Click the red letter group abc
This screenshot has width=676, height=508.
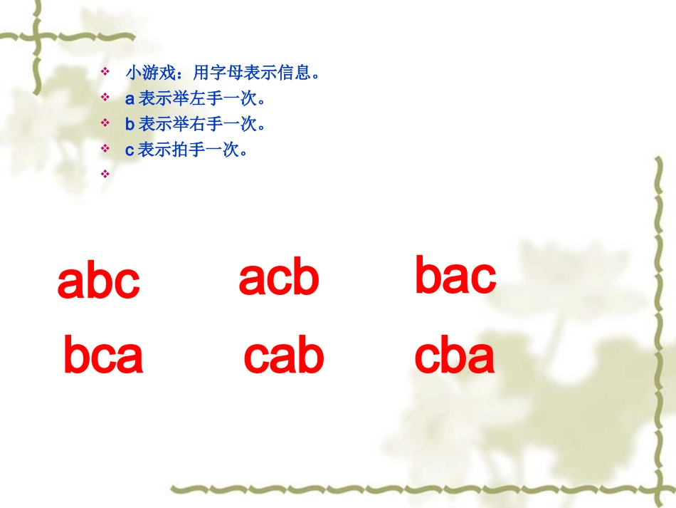(x=99, y=282)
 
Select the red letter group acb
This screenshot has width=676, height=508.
(x=279, y=278)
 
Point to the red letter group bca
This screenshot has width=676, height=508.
(x=103, y=356)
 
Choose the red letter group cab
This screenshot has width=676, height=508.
(x=284, y=356)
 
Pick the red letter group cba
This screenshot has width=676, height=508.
(x=455, y=356)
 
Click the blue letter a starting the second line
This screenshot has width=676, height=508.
(x=130, y=98)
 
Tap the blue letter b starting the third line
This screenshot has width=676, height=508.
(x=130, y=124)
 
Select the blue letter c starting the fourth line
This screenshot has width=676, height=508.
(x=130, y=150)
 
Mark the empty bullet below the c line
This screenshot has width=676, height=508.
(x=105, y=173)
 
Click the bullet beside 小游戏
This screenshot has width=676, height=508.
(x=105, y=72)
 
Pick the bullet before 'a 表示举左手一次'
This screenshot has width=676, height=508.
(x=105, y=98)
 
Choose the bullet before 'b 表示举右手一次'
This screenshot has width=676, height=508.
(x=105, y=123)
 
